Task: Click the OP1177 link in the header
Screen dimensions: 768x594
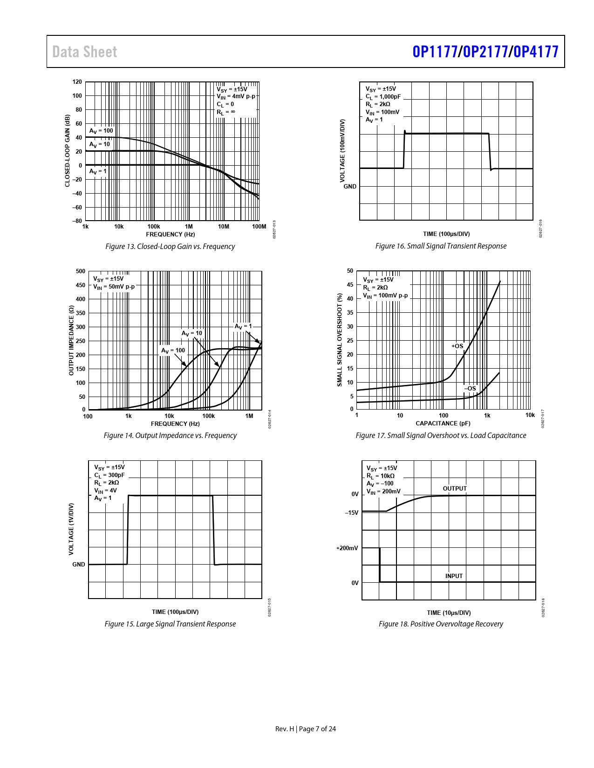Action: point(434,52)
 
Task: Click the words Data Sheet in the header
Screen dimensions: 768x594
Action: point(85,52)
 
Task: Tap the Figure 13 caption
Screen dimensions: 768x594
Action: point(170,246)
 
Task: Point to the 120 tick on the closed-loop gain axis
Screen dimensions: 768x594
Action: point(77,82)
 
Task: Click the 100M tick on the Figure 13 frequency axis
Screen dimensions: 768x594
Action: point(259,227)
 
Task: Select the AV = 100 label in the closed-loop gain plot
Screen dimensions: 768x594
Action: point(101,131)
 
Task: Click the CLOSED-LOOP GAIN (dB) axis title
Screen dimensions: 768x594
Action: point(68,151)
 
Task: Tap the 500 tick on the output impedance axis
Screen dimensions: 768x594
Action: point(81,271)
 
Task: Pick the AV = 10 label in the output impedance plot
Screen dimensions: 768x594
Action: point(192,333)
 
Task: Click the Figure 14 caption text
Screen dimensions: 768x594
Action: point(170,435)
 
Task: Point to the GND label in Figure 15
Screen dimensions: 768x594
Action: point(79,565)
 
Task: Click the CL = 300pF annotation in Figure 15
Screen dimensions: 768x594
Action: point(109,475)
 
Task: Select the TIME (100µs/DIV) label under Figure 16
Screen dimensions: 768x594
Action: point(446,234)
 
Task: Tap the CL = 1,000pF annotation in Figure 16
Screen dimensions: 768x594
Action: point(383,97)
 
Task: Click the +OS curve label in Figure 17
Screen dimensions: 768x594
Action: point(457,346)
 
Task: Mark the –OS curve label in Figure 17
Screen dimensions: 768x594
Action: point(470,388)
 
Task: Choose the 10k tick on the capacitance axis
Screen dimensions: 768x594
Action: point(530,415)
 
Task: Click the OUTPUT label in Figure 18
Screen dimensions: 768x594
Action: point(455,488)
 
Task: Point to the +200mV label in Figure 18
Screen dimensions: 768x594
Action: point(347,548)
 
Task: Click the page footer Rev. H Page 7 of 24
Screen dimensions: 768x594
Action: point(306,729)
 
